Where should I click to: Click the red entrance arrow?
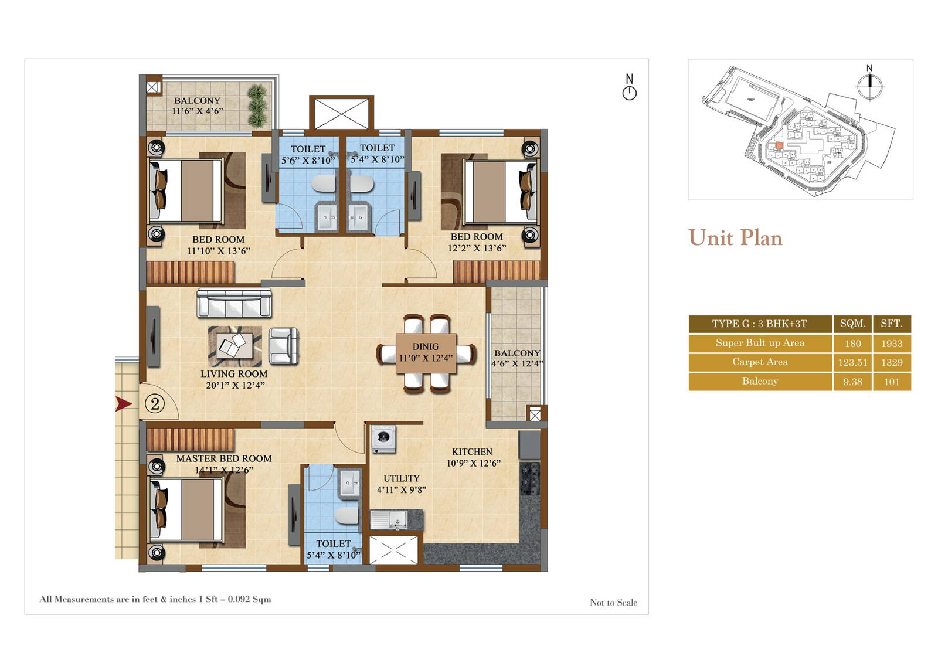point(123,403)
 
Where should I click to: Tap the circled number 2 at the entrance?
point(155,404)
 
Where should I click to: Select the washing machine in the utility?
point(383,438)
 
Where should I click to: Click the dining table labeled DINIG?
point(426,352)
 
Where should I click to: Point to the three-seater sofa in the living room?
point(234,303)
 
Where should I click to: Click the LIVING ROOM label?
point(234,374)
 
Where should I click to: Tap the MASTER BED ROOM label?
point(224,458)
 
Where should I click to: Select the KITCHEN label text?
point(472,451)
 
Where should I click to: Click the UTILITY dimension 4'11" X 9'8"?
point(401,489)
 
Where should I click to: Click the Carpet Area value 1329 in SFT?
point(891,362)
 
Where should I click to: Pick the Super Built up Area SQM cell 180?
point(852,344)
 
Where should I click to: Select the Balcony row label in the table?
point(760,381)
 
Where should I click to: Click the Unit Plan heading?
point(735,238)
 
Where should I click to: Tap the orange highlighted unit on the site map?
point(779,146)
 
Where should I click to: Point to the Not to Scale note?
point(613,603)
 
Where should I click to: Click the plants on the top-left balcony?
point(257,106)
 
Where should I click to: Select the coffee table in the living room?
point(235,345)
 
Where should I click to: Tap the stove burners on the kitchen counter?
point(529,478)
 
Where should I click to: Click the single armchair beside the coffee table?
point(284,345)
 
